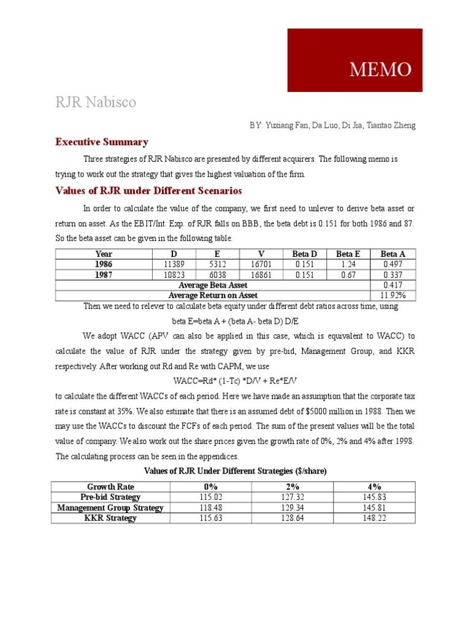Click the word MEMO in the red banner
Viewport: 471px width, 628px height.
380,70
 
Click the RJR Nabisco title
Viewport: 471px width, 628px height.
96,102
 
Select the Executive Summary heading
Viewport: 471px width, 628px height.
102,142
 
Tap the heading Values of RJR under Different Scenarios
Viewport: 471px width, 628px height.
148,191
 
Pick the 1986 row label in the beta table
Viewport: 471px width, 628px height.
104,264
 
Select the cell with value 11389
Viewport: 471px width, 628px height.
174,264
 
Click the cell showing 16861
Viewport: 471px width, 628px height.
262,275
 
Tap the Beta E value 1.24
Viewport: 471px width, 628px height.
349,264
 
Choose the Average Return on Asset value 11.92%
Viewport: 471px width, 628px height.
393,296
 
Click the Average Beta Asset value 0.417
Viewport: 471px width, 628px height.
393,285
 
